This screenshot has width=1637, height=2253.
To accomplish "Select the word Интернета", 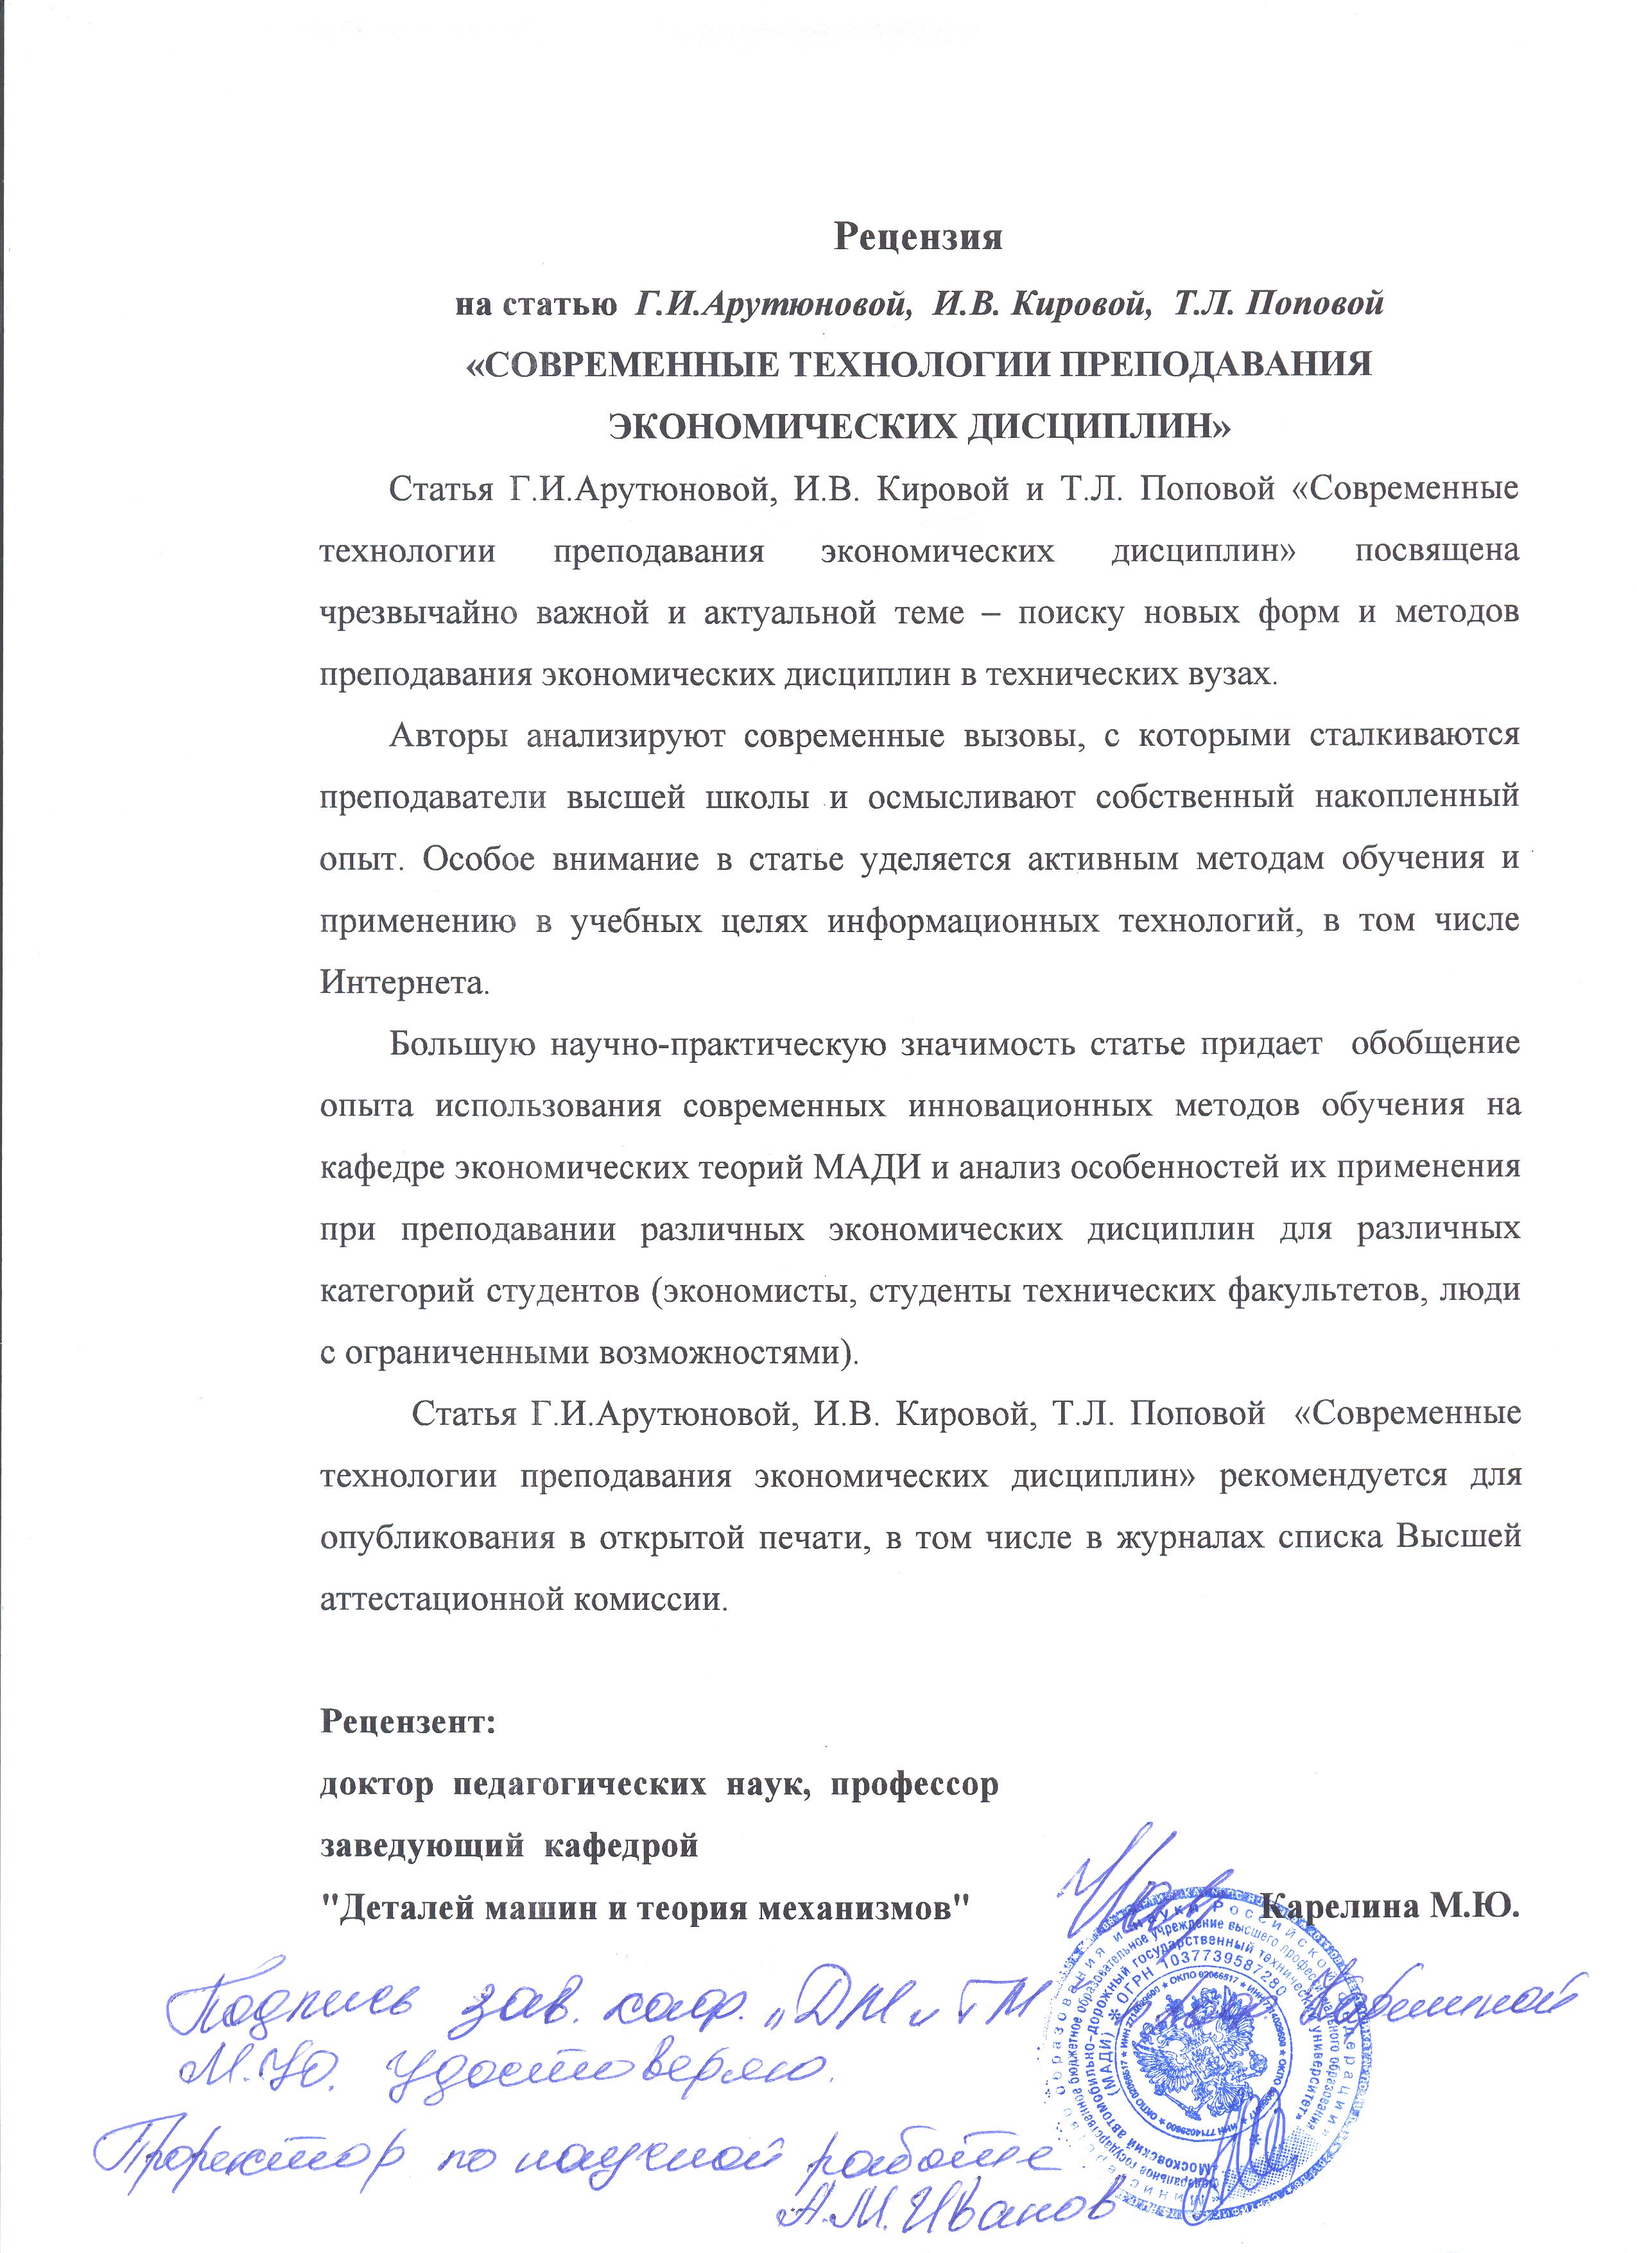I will (x=404, y=983).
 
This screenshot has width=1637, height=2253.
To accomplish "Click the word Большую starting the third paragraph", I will (x=464, y=1044).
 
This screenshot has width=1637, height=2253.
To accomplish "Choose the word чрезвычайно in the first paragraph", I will (x=417, y=614).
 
